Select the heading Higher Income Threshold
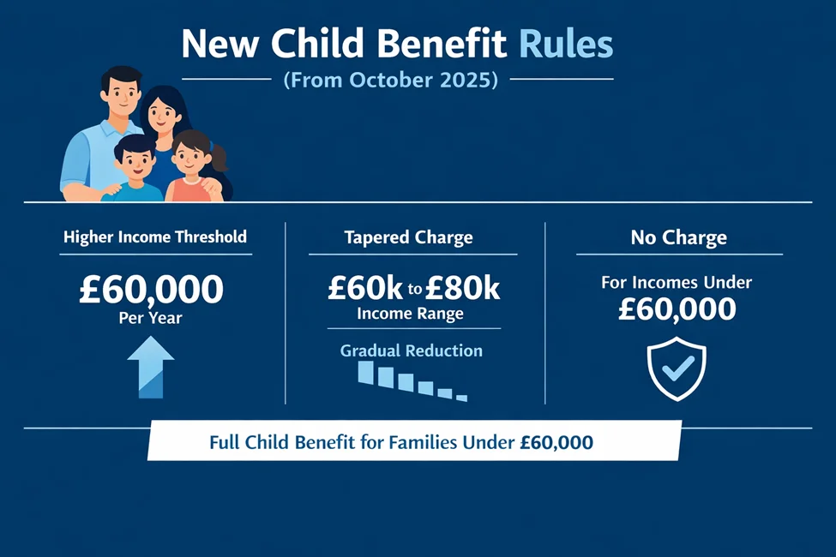pos(155,237)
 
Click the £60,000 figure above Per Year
pos(151,289)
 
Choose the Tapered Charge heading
pos(408,237)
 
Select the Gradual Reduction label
pos(412,350)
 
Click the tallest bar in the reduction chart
pos(366,372)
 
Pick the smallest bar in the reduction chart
pos(462,398)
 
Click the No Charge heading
pos(678,237)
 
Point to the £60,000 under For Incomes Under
pos(677,308)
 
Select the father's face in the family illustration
pos(121,93)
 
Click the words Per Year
pos(151,317)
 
